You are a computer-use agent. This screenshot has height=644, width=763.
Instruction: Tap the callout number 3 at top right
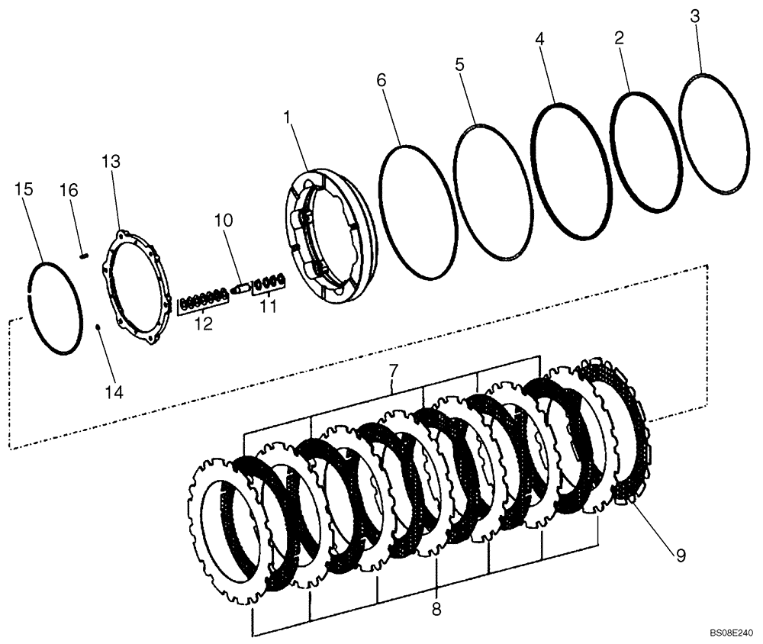[x=694, y=16]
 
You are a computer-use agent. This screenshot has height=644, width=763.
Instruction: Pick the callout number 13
[x=111, y=161]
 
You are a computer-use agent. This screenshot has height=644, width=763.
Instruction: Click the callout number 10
[x=224, y=220]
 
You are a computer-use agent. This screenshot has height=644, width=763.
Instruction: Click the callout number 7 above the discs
[x=394, y=372]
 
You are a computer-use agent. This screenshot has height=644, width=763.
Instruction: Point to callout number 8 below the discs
[x=436, y=610]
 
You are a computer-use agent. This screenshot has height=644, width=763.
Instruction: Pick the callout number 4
[x=539, y=38]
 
